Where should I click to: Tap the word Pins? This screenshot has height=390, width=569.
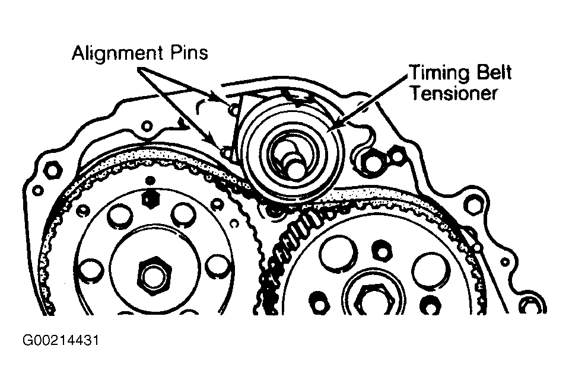[190, 53]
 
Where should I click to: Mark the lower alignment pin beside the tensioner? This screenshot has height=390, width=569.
[224, 151]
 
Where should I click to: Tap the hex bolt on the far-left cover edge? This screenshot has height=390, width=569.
[51, 169]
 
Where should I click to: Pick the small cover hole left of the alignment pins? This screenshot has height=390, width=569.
[146, 126]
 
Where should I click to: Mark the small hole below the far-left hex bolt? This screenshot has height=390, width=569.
[39, 191]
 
